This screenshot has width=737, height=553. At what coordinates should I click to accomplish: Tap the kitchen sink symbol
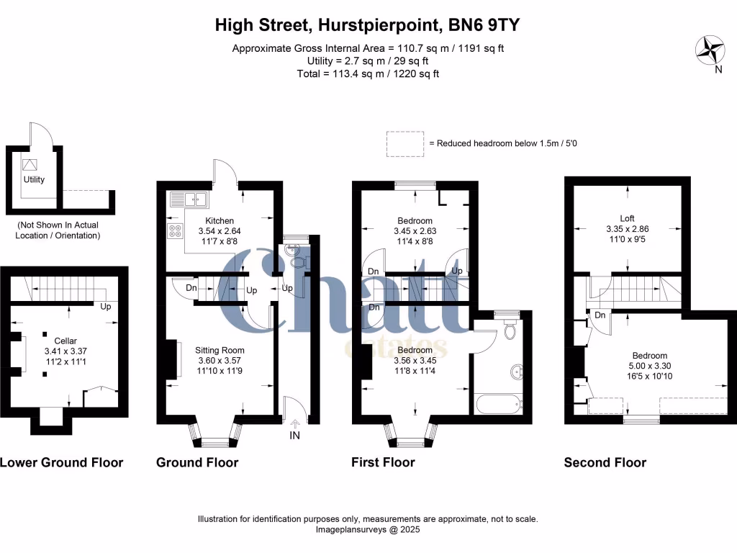(188, 199)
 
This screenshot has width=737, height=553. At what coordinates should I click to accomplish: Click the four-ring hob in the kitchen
(176, 231)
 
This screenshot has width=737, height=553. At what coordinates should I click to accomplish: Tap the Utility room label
(34, 179)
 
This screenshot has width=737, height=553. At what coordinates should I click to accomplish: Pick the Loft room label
(628, 219)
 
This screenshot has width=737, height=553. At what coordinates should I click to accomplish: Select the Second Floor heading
(605, 462)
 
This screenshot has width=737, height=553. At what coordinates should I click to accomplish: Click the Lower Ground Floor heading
(61, 462)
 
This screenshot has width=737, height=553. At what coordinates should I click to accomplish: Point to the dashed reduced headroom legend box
(405, 143)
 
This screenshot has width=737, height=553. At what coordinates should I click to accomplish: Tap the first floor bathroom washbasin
(517, 372)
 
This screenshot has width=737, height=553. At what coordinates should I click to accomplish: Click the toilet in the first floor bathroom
(510, 330)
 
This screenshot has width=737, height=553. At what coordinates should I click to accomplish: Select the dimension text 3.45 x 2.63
(415, 231)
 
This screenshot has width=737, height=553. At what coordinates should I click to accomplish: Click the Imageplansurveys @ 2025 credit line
(368, 529)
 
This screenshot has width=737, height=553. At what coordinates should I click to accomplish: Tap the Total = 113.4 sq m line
(368, 73)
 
